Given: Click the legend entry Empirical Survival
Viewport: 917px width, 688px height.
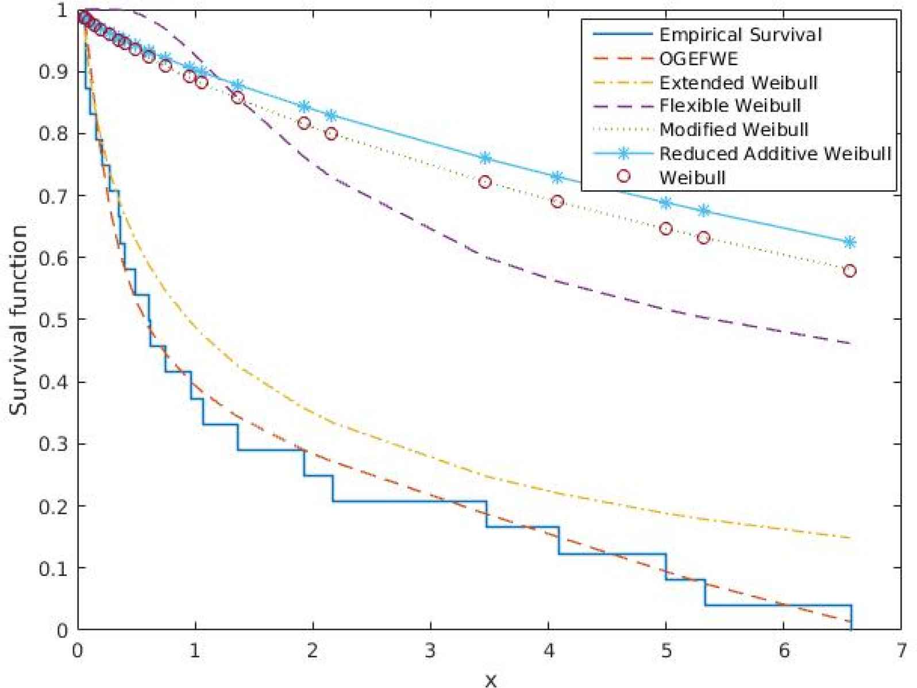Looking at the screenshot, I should tap(740, 34).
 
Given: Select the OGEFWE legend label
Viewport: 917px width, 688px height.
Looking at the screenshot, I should tap(698, 59).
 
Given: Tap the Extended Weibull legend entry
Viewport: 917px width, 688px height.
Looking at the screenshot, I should tap(738, 83).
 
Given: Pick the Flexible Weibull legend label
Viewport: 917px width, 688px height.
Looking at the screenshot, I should tap(730, 106).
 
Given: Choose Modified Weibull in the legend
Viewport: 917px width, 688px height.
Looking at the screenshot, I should tap(734, 130).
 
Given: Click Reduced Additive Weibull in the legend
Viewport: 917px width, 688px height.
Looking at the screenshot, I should tap(775, 153).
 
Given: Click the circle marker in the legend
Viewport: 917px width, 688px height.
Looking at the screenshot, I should tap(623, 177).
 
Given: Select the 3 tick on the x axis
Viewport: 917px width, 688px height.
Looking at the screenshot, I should tap(430, 651).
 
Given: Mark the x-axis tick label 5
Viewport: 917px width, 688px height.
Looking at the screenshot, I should tap(666, 651).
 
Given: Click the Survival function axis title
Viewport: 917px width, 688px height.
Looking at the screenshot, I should tap(19, 320).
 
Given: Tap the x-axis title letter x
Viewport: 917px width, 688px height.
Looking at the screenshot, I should tap(490, 681).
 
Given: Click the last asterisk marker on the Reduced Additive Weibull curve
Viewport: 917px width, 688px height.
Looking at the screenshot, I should tap(850, 242).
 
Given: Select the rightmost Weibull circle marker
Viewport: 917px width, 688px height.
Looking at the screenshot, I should tap(850, 270).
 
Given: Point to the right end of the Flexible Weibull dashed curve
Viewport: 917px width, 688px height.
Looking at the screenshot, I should tap(851, 343).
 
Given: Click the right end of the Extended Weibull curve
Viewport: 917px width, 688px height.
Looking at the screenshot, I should tap(851, 538).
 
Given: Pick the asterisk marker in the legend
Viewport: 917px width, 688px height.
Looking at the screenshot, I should tap(623, 153).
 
